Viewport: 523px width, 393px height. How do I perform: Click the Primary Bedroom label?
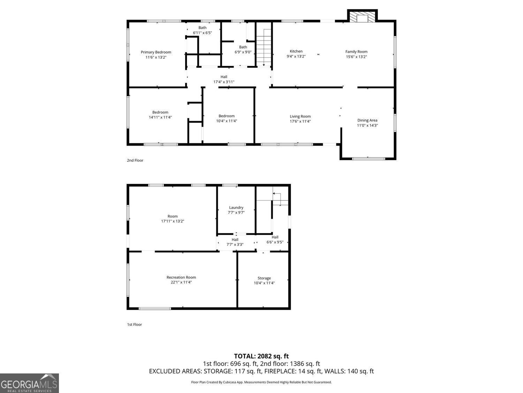[x=156, y=52]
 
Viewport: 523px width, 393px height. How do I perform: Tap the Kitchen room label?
[x=296, y=51]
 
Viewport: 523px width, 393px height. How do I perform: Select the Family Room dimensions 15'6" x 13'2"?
[x=356, y=57]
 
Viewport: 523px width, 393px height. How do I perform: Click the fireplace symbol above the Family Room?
[x=363, y=17]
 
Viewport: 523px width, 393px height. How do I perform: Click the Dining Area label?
[x=367, y=120]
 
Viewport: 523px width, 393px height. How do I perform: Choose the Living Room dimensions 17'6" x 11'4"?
[x=300, y=122]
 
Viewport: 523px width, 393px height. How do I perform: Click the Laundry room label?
[x=236, y=208]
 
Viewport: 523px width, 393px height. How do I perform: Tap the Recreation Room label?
[x=181, y=277]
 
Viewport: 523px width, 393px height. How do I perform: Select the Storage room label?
[x=264, y=278]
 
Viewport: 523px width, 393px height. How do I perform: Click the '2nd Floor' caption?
[x=135, y=160]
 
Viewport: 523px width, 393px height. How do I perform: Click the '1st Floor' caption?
[x=134, y=325]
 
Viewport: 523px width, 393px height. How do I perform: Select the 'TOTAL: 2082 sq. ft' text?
[x=261, y=356]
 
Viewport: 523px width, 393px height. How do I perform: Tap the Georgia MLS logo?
[x=29, y=383]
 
